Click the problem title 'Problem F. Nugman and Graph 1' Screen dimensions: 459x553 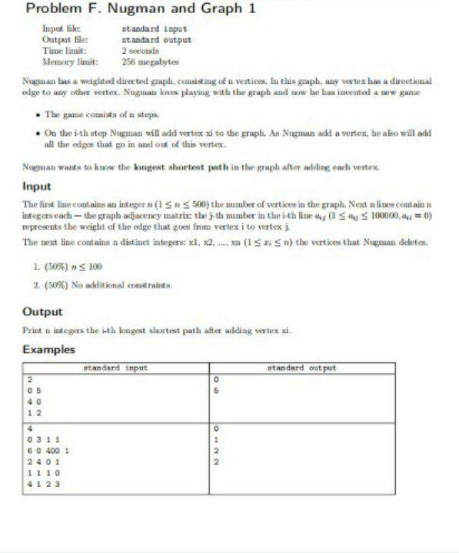click(x=141, y=10)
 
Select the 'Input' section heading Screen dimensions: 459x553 click(x=37, y=187)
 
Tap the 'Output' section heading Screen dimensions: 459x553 click(x=42, y=312)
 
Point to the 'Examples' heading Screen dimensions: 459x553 click(x=48, y=349)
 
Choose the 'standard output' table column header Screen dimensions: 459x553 click(x=301, y=369)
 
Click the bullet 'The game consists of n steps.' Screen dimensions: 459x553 click(x=101, y=114)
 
